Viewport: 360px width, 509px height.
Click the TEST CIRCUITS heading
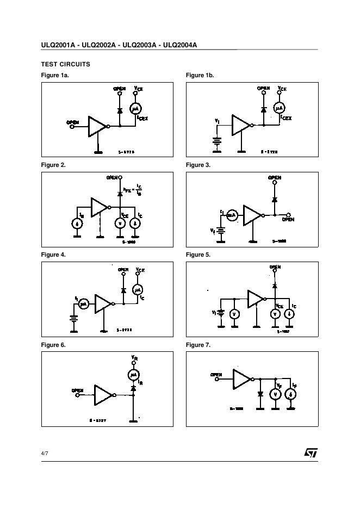(65, 64)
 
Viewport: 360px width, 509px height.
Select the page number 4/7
(45, 454)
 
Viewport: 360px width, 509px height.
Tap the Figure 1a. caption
(55, 75)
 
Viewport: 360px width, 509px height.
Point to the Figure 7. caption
(198, 345)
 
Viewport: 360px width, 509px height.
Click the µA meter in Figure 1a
(135, 108)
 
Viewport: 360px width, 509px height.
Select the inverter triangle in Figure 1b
(240, 125)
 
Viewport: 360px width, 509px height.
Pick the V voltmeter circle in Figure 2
(120, 224)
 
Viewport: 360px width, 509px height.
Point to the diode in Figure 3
(275, 200)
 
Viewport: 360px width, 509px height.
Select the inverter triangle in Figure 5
(255, 299)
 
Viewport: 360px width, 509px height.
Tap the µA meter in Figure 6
(134, 375)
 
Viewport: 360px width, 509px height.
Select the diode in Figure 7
(260, 393)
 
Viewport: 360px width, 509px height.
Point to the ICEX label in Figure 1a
(143, 117)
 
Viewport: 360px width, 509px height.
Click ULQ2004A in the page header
(179, 45)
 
